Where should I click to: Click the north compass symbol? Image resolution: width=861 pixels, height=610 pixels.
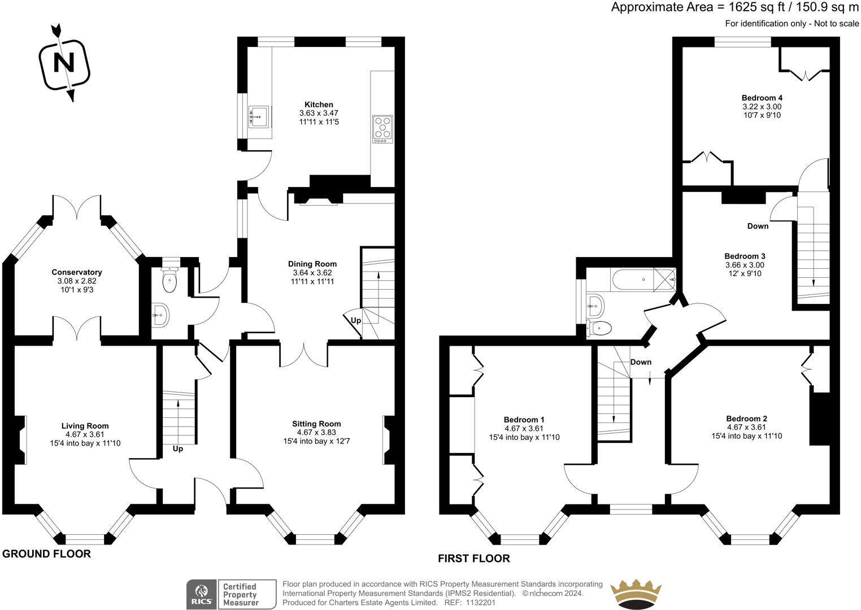click(x=63, y=63)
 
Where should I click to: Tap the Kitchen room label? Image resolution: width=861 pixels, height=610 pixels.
click(x=319, y=104)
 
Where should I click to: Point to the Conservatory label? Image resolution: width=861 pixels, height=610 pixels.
click(x=76, y=272)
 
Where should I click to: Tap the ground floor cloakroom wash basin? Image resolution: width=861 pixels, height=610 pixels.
click(x=160, y=315)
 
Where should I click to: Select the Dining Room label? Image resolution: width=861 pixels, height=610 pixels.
click(x=312, y=264)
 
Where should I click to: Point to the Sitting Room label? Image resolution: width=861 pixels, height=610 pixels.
click(x=316, y=424)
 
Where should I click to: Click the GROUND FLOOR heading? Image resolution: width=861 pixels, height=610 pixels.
click(x=46, y=554)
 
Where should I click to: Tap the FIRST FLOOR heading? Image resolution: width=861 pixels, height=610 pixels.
click(x=473, y=559)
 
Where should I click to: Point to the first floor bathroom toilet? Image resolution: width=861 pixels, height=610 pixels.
click(x=599, y=327)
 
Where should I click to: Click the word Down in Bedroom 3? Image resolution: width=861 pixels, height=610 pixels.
click(x=758, y=226)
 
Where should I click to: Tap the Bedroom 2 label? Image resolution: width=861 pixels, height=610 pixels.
click(x=746, y=419)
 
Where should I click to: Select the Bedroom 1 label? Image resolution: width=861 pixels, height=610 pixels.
click(x=524, y=420)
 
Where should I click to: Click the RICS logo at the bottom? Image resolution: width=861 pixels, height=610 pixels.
click(x=202, y=595)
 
